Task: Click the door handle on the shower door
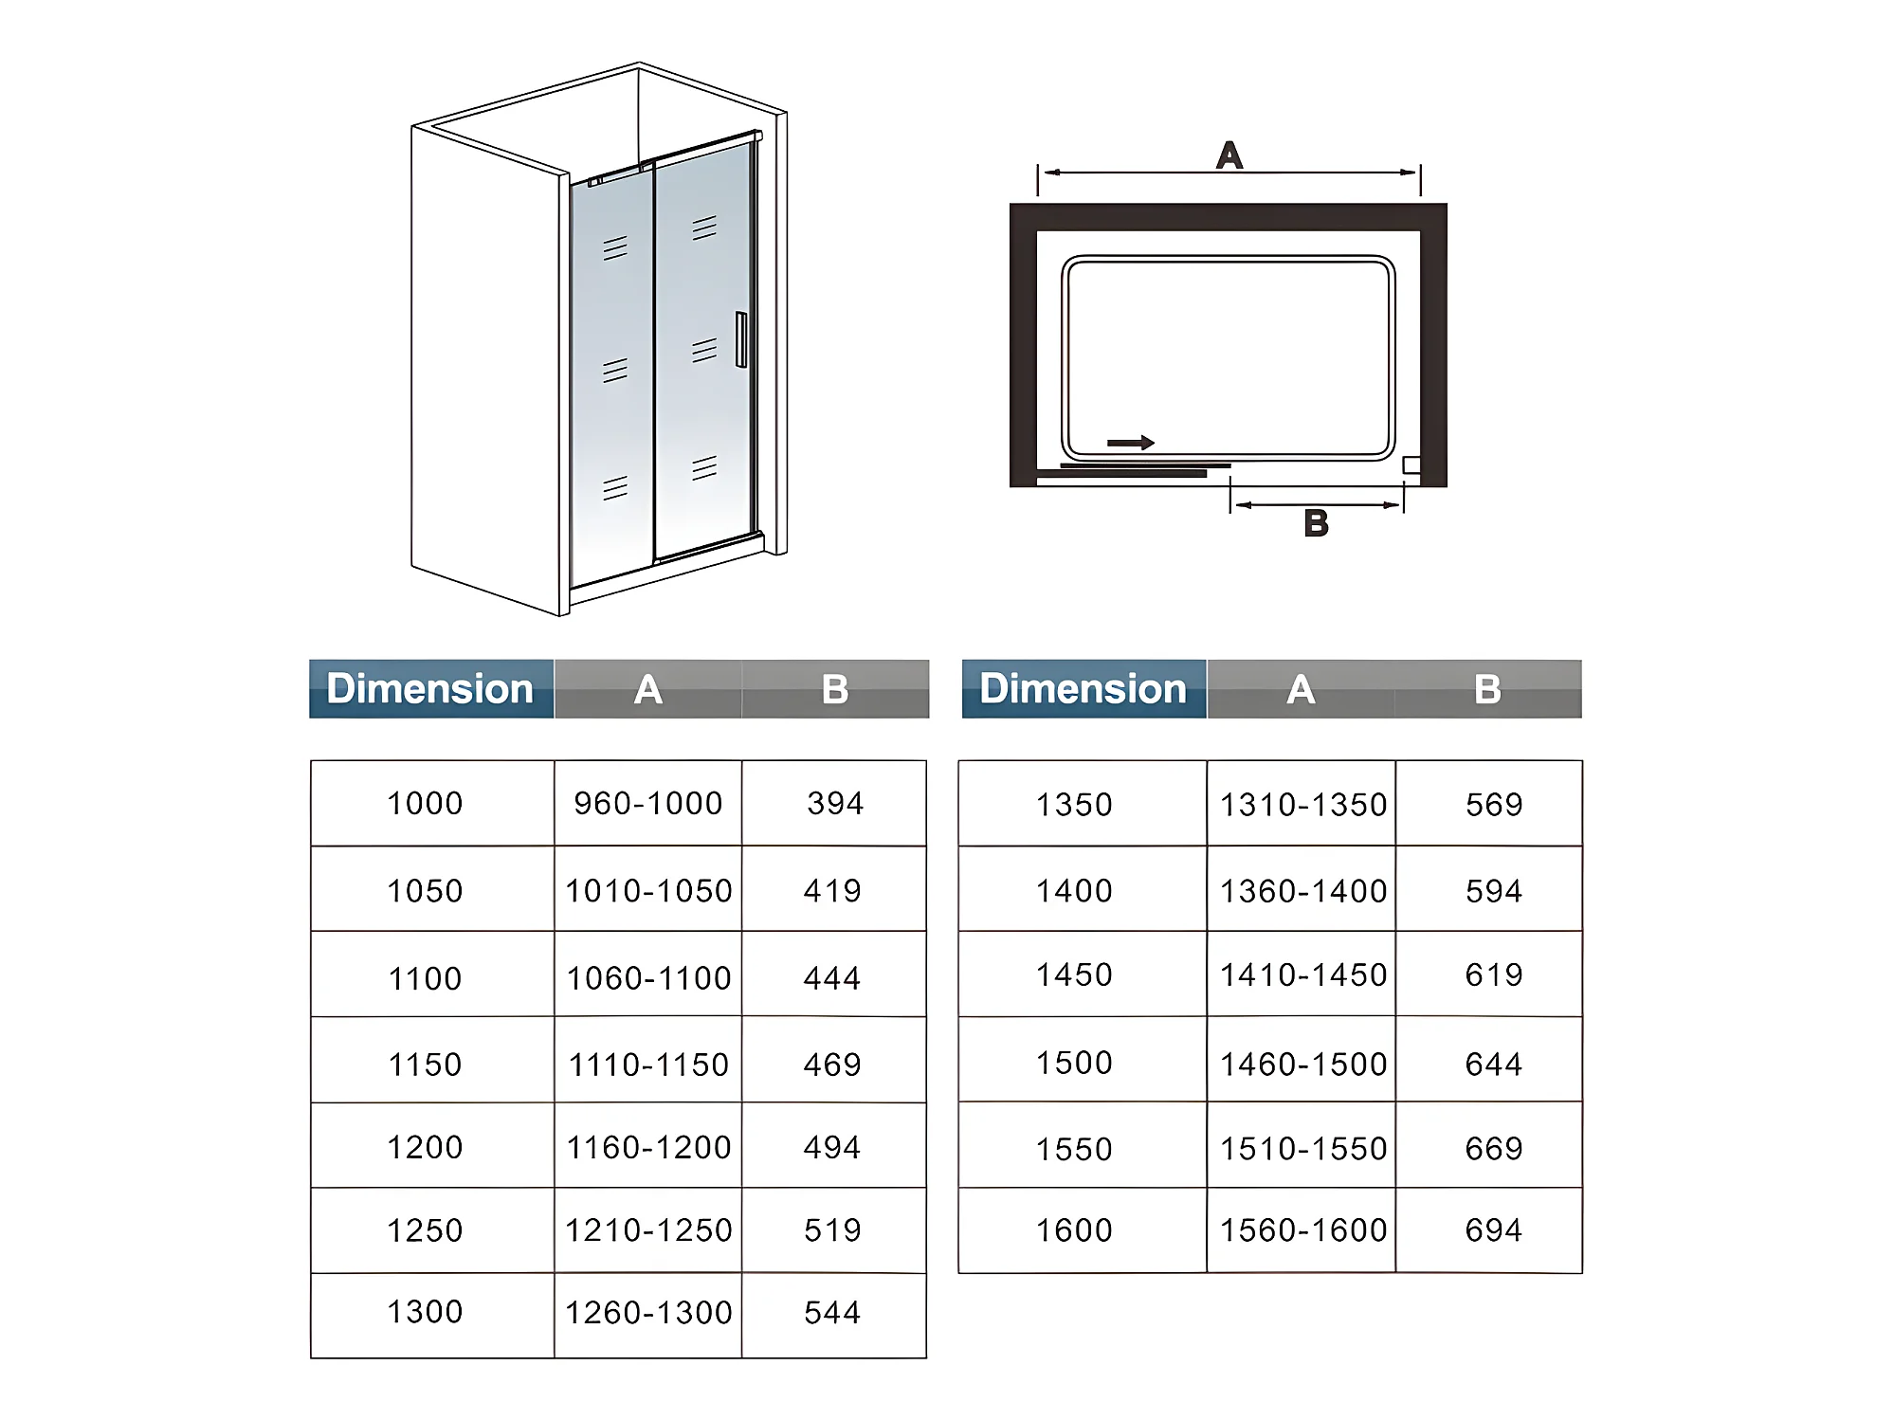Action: [741, 339]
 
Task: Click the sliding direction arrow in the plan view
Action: [1130, 443]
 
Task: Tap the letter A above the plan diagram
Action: [1229, 155]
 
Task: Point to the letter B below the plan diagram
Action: [1316, 523]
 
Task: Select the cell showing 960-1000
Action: [647, 804]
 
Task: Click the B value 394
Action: [834, 804]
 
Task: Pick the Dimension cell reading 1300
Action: [425, 1312]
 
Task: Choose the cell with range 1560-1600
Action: [1302, 1230]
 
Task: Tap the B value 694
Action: [1493, 1230]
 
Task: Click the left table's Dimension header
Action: [430, 689]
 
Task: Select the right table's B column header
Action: [1487, 689]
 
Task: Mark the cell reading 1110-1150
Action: [648, 1065]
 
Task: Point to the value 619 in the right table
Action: [1493, 974]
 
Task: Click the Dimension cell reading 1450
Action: [1074, 974]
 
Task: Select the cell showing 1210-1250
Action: [648, 1230]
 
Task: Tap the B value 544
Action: [832, 1313]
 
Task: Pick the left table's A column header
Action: [647, 689]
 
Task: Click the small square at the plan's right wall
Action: [1411, 464]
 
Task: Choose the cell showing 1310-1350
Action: [1302, 805]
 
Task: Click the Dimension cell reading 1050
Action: [425, 891]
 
